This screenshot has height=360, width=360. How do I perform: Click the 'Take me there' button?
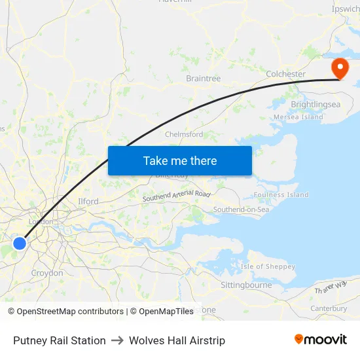179,160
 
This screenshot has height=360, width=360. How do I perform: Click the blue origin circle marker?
20,243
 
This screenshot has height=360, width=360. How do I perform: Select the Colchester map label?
285,74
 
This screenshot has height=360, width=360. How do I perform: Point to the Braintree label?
203,79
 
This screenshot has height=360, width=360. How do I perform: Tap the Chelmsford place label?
184,134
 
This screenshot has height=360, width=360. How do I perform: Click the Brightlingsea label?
315,104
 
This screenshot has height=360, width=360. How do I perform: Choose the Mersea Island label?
298,117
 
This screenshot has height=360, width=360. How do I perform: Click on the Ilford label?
88,202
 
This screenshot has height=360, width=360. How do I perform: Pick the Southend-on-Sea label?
241,209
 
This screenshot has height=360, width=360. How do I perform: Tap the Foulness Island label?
281,194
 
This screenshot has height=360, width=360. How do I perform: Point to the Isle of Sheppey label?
268,266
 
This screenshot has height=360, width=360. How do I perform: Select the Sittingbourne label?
246,285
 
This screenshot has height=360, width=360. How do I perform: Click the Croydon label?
47,273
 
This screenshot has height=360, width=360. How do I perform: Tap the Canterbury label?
329,308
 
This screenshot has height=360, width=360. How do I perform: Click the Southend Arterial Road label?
177,195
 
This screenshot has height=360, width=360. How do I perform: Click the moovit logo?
321,340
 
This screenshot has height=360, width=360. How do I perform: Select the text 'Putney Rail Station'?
60,340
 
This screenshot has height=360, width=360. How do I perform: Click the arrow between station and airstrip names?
117,340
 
